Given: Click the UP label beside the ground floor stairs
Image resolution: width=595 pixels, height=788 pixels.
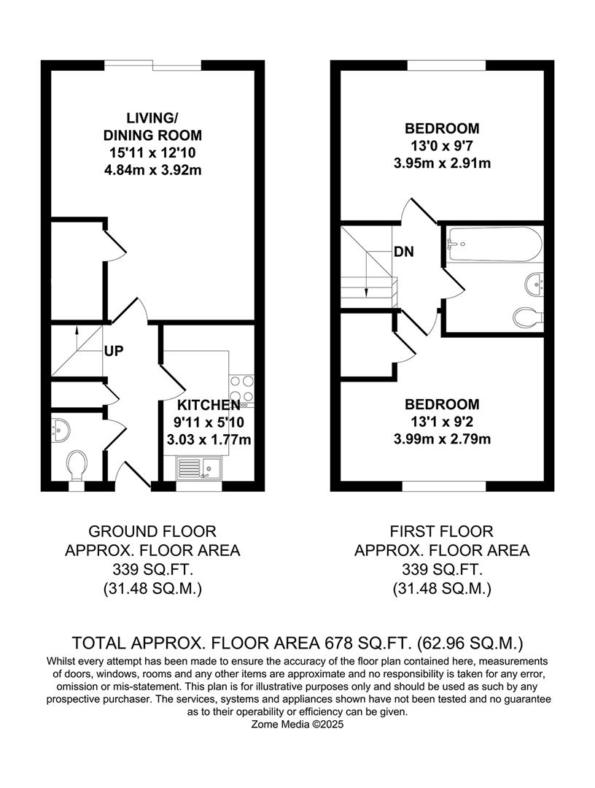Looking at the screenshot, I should point(114,351).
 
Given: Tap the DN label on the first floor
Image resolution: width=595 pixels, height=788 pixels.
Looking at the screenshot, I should point(404,252).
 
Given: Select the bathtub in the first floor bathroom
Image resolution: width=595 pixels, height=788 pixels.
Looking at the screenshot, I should point(494,243).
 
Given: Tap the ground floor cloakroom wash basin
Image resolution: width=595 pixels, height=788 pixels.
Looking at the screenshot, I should point(59,430).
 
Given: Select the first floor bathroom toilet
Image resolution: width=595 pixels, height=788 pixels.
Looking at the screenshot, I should point(529,317).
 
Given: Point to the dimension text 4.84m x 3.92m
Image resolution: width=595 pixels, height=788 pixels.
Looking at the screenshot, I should point(152,171).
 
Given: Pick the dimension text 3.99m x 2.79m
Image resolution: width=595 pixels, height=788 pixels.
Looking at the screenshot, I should point(442,439).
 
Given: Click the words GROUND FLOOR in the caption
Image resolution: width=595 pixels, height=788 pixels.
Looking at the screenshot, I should point(152,532).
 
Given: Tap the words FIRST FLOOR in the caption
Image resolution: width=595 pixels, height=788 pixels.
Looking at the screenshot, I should point(442,532).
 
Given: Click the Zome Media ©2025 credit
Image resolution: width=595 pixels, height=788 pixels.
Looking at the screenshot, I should point(297,725).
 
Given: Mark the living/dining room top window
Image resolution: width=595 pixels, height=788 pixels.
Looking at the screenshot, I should point(152,66).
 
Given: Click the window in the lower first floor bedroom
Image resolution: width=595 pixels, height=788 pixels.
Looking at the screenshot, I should point(443,486).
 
